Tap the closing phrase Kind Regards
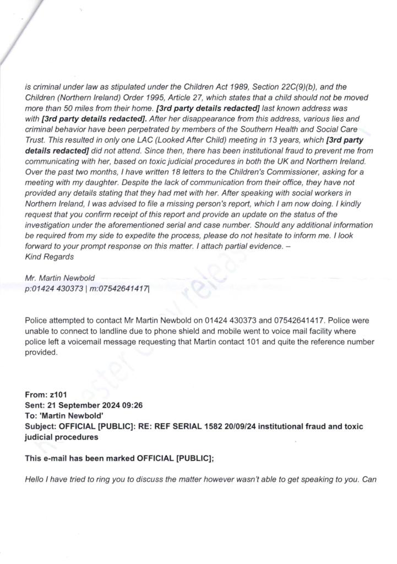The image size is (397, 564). coord(50,257)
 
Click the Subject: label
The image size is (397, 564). coord(42,427)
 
